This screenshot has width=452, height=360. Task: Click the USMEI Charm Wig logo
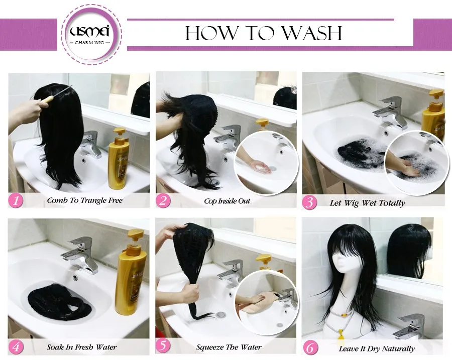[91, 35]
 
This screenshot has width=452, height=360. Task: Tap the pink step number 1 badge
[16, 200]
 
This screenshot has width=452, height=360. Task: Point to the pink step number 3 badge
[309, 202]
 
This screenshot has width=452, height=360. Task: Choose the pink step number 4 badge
[16, 347]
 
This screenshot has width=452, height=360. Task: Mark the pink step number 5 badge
[163, 346]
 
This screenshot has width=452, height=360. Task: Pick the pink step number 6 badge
[310, 348]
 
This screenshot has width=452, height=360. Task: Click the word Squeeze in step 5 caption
[210, 347]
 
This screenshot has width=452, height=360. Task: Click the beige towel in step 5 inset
[257, 303]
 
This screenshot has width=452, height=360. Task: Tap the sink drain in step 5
[221, 314]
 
